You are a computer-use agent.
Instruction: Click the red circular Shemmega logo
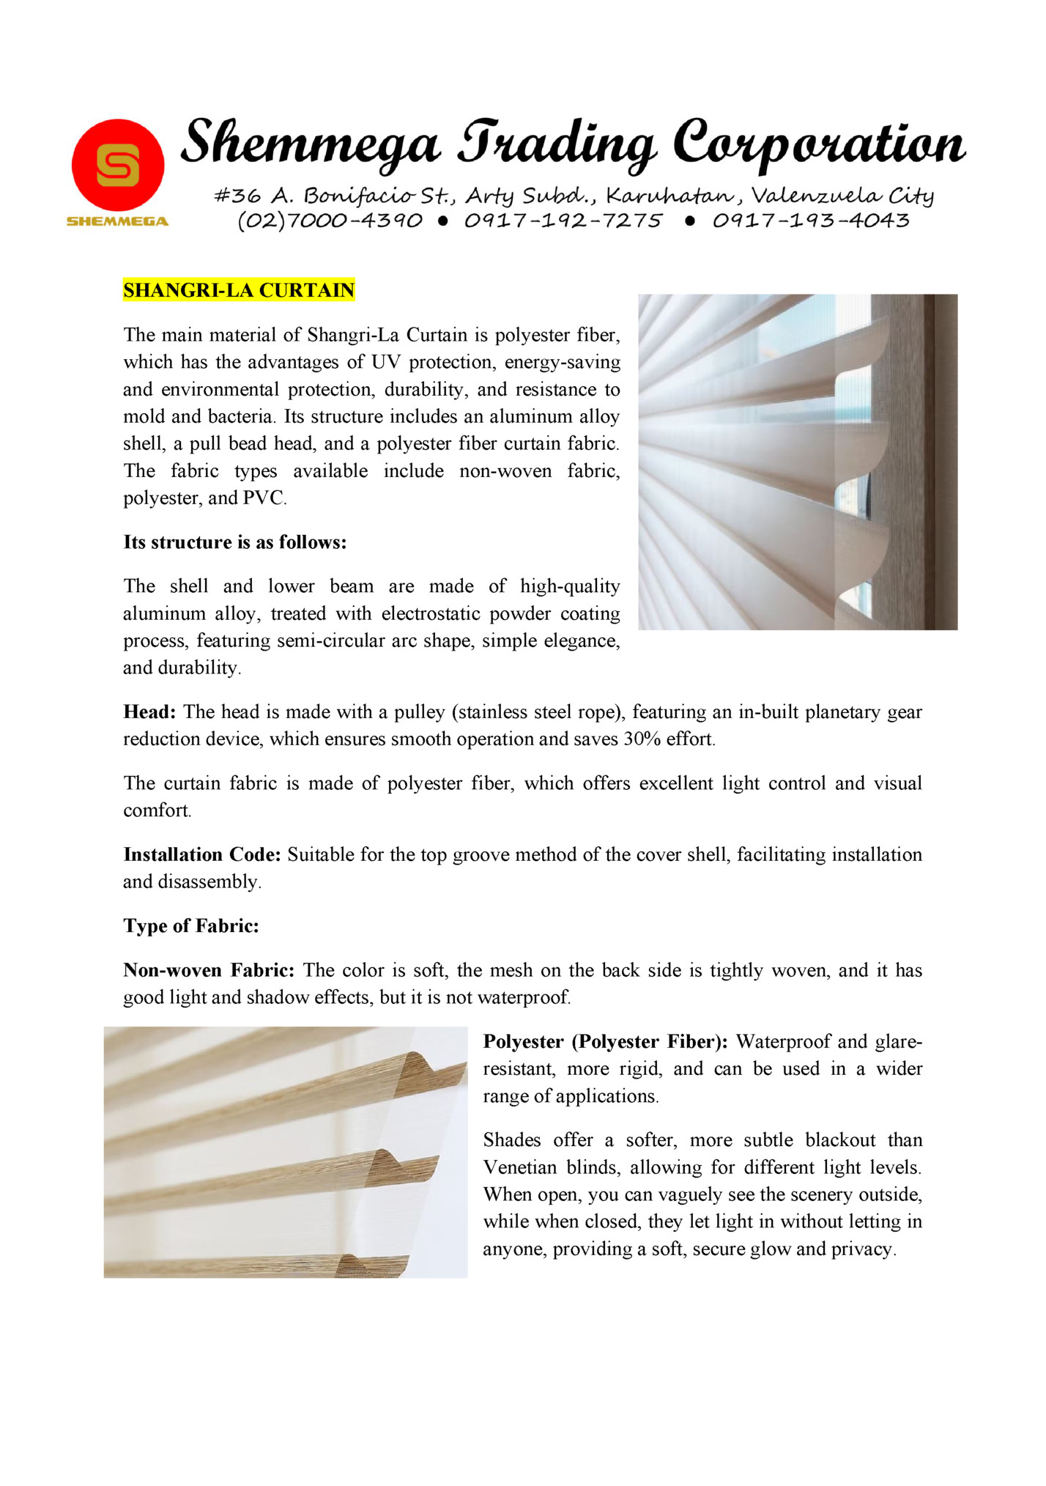[118, 166]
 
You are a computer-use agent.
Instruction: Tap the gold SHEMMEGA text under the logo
[118, 221]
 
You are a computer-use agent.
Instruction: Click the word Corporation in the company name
[819, 144]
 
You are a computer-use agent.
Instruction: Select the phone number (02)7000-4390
[330, 221]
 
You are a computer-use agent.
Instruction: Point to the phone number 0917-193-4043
[811, 221]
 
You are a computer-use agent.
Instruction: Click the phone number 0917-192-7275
[563, 221]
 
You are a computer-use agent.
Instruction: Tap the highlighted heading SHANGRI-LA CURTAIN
[239, 290]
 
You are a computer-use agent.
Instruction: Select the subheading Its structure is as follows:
[234, 542]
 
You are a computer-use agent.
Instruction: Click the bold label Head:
[149, 712]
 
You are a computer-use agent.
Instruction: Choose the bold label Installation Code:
[202, 855]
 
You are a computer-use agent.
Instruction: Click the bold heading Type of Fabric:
[191, 926]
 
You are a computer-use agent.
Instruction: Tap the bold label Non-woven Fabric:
[209, 971]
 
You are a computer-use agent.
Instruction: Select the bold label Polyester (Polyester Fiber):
[605, 1042]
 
